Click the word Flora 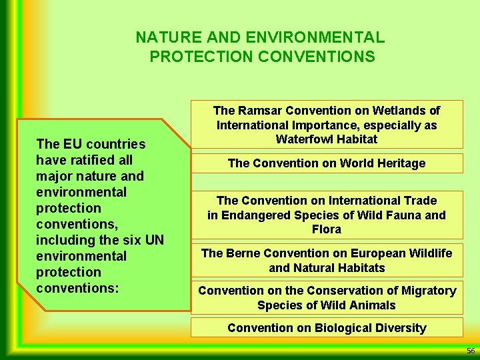[327, 229]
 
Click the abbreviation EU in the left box [71, 144]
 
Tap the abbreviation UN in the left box [155, 240]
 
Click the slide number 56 [471, 351]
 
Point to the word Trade [420, 201]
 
